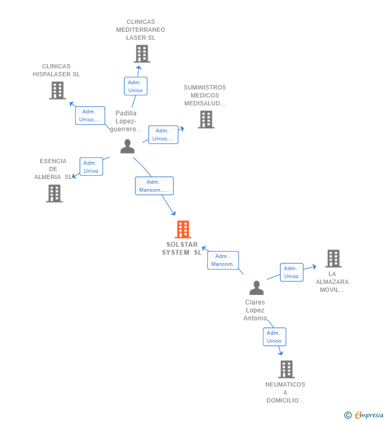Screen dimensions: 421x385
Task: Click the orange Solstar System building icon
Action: click(182, 229)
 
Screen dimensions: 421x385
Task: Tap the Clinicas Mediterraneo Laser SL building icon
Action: click(142, 54)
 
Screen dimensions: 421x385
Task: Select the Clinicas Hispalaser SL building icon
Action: click(57, 91)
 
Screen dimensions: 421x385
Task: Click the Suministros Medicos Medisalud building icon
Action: click(206, 120)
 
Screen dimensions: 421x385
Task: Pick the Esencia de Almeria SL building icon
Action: click(54, 193)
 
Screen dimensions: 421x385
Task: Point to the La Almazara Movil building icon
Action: click(333, 258)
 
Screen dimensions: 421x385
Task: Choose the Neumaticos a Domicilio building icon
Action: click(286, 369)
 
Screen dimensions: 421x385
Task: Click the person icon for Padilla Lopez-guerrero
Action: click(127, 146)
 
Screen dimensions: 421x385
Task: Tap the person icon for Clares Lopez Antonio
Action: click(256, 288)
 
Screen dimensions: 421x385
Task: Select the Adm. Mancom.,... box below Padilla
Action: click(154, 186)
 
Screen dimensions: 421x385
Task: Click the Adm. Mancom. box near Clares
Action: click(223, 260)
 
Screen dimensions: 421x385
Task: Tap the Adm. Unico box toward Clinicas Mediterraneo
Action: click(135, 86)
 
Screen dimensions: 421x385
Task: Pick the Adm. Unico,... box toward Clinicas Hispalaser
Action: click(90, 115)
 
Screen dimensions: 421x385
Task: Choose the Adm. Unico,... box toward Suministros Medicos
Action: click(163, 135)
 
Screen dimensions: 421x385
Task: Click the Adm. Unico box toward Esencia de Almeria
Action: click(91, 167)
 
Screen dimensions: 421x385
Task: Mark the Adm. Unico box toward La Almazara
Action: click(291, 272)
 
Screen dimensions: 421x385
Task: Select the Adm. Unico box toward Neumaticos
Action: click(274, 337)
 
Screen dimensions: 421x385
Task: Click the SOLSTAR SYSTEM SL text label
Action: click(182, 249)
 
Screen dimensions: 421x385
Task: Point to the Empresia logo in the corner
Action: click(364, 415)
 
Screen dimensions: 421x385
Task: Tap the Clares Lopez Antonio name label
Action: click(255, 310)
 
